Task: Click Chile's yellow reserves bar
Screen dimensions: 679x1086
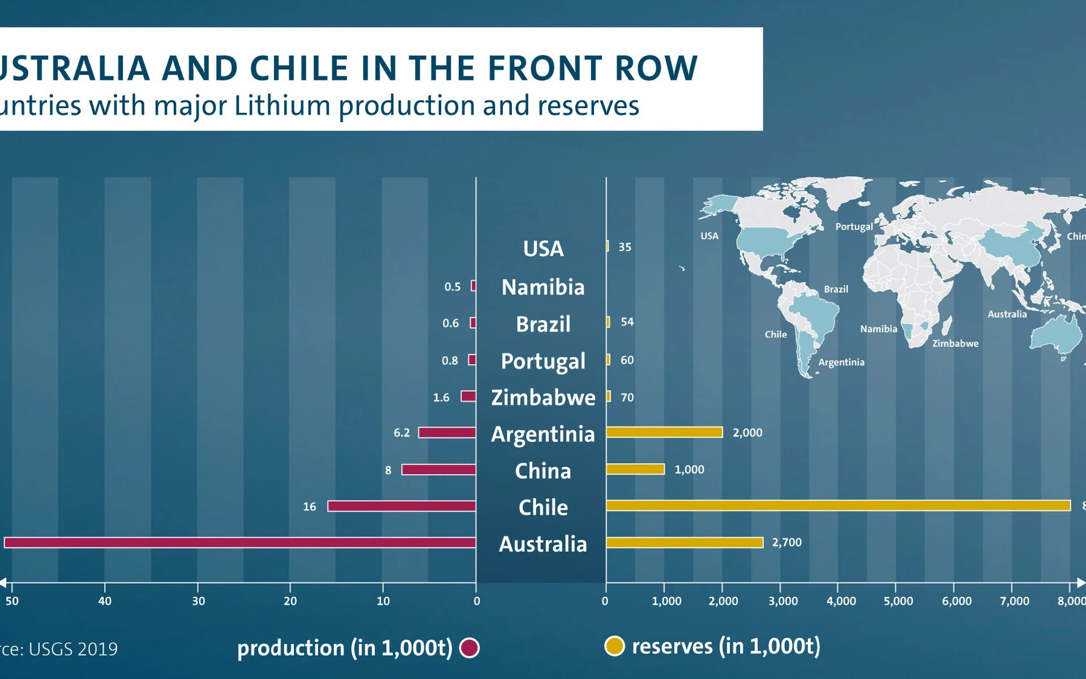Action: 838,505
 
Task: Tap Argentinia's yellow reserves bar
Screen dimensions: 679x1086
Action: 664,432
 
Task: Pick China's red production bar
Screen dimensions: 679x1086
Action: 438,469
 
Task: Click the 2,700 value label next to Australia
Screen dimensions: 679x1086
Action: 786,543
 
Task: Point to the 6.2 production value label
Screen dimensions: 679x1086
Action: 401,433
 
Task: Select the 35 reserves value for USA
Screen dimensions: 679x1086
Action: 625,247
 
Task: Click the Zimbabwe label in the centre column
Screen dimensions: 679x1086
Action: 543,398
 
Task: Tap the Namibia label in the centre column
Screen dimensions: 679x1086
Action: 543,287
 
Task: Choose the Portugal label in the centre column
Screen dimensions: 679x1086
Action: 543,361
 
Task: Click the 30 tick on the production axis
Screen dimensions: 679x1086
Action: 198,601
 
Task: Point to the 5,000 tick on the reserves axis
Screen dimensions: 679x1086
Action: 898,601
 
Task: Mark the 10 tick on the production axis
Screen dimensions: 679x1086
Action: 383,601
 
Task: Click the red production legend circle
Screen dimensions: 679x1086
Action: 469,647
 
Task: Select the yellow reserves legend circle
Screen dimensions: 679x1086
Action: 614,646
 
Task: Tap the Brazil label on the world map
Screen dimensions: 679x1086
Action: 836,289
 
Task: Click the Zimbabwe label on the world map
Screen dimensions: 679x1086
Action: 955,343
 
